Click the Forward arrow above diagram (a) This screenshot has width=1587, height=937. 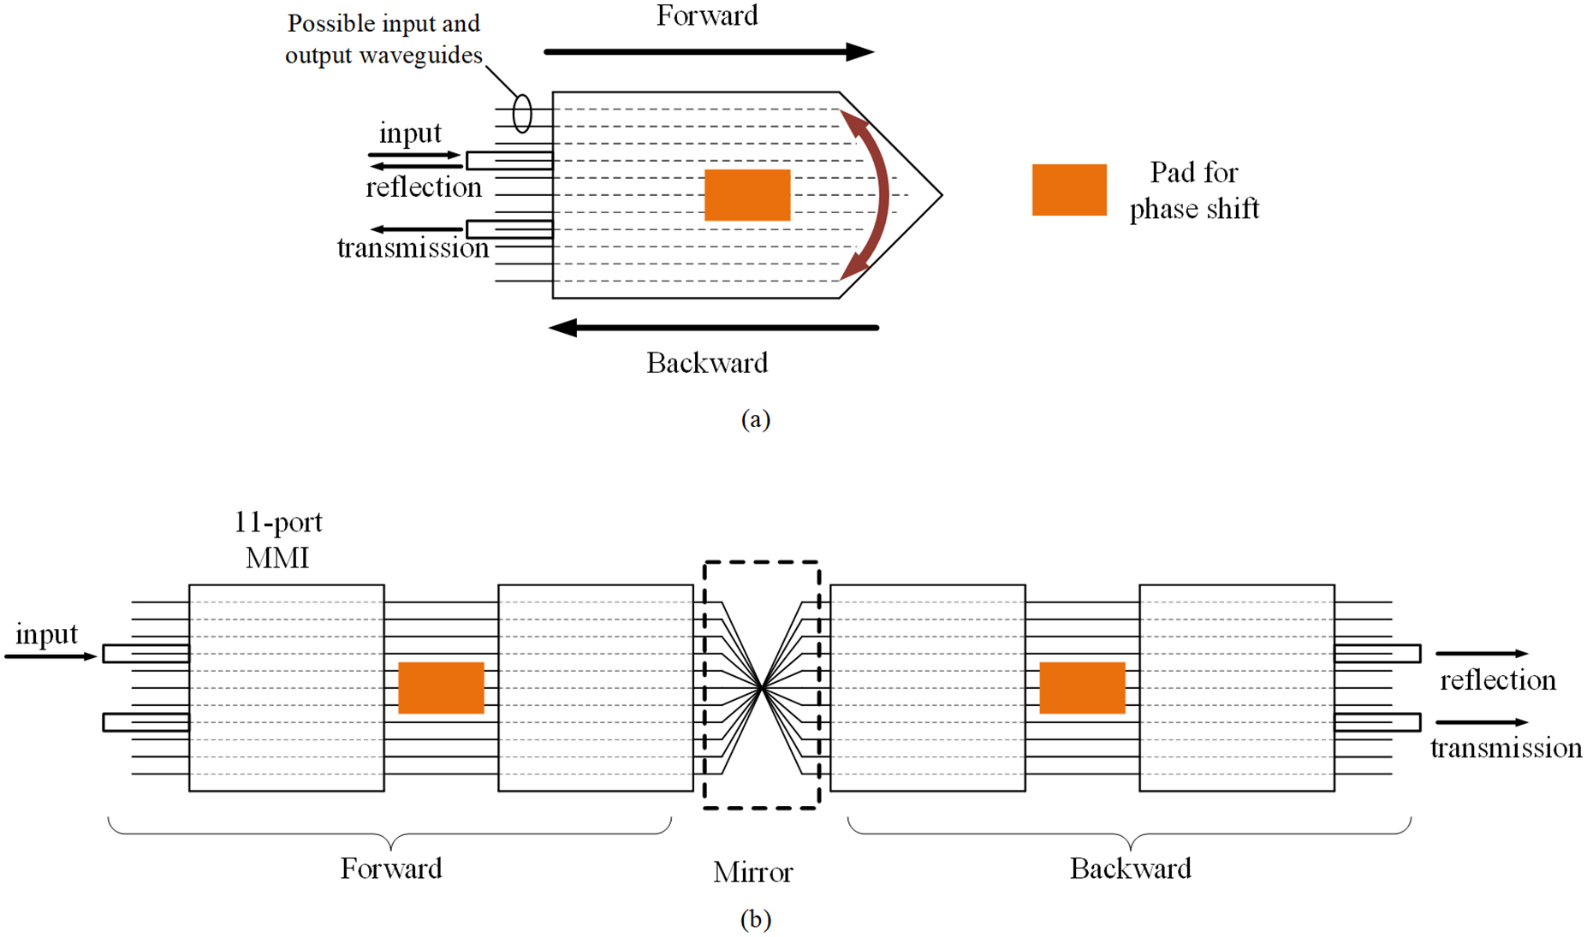coord(708,52)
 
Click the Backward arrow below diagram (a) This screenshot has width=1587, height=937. coord(713,328)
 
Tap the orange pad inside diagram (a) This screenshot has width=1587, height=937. coord(746,195)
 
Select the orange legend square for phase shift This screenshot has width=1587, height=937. coord(1068,190)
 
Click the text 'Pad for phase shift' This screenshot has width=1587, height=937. coord(1193,191)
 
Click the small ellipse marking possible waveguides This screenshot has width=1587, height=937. coord(521,114)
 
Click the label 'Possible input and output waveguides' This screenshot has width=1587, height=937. coord(383,39)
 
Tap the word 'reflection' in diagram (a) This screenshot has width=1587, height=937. coord(424,187)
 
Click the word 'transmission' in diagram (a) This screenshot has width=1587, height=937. coord(413,248)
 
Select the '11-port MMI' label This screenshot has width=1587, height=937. coord(277,540)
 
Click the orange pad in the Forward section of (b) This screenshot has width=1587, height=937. coord(441,688)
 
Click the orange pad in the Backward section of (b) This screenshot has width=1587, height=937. coord(1082,688)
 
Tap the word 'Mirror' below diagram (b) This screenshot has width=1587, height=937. coord(752,873)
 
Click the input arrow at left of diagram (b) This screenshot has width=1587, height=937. coord(50,656)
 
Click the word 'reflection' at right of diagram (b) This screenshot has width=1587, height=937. coord(1497,680)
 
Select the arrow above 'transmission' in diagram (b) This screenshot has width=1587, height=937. coord(1481,722)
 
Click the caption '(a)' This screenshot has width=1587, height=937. coord(755,418)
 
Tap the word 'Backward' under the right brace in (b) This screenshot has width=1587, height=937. coord(1130,869)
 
